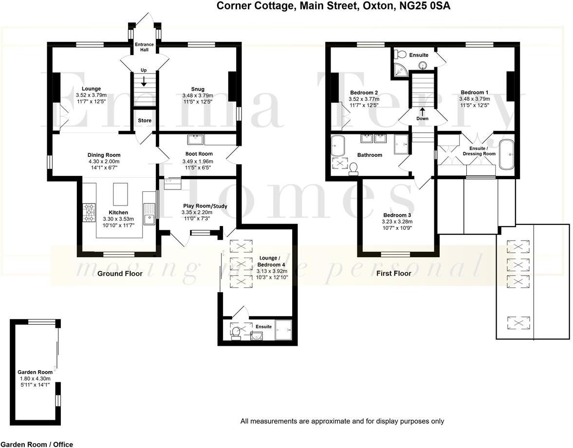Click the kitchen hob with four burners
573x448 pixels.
click(90, 212)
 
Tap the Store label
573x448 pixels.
click(145, 120)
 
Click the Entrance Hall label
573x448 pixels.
click(145, 47)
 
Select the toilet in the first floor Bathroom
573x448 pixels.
click(353, 168)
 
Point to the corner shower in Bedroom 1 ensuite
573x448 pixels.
click(400, 70)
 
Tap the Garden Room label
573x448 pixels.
click(35, 372)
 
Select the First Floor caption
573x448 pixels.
click(393, 274)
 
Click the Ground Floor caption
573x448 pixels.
click(120, 274)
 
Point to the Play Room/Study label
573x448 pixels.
click(205, 206)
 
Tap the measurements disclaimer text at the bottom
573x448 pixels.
click(342, 421)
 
